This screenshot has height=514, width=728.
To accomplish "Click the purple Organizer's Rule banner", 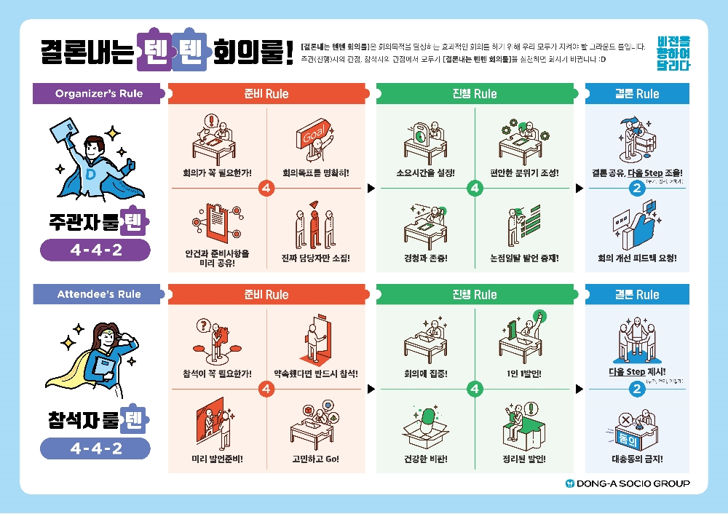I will pos(99,93).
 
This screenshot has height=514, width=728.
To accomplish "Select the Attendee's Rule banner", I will pos(99,294).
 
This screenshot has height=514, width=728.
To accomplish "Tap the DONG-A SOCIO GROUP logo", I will pos(627,483).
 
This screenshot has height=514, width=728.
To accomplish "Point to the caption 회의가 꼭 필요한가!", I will pos(218,173).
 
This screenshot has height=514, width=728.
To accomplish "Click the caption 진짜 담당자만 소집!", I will pos(315,258).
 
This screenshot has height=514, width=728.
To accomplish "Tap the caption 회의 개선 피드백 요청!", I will pos(637,258).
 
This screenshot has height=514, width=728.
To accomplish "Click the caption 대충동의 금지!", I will pos(637,459).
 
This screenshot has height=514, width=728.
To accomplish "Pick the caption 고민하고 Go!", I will pos(315,459).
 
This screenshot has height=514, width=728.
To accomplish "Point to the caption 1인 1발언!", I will pos(523,374).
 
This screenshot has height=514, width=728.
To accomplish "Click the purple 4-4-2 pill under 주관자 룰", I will pos(95,250).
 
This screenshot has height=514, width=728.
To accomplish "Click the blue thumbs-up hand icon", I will pos(641,222).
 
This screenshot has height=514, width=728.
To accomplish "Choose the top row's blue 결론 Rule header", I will pos(637,94).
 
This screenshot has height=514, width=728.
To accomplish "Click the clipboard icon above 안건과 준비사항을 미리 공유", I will pos(216,222).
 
